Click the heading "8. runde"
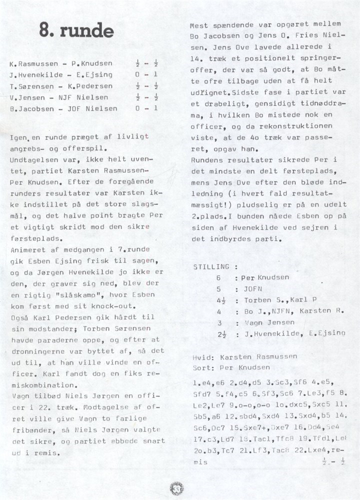(x=77, y=31)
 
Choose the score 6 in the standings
(x=218, y=277)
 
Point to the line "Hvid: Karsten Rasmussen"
(x=244, y=356)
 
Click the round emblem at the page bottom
(x=176, y=488)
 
